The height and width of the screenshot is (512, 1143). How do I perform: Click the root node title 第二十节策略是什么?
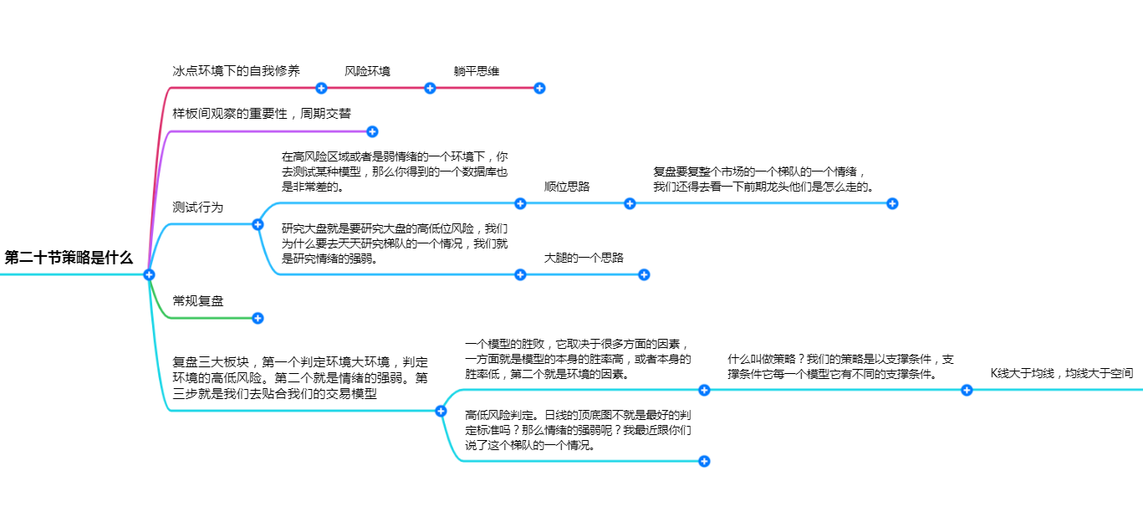coord(69,258)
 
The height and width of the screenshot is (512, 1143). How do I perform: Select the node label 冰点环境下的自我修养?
coord(237,70)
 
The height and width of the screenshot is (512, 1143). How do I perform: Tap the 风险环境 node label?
coord(367,71)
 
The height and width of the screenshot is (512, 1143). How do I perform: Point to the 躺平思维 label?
coord(476,71)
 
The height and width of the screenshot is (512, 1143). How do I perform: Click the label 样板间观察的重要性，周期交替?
coord(262,113)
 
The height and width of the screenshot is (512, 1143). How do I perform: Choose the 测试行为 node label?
coord(198,207)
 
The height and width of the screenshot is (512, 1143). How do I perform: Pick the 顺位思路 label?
coord(567,187)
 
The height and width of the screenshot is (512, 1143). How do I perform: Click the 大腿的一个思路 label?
coord(584,258)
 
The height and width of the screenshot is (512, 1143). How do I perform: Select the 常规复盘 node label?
coord(198,300)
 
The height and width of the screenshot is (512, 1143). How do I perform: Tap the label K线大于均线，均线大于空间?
coord(1062,373)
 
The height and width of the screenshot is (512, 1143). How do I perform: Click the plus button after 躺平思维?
coord(539,89)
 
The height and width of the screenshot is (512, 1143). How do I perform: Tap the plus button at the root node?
coord(149,274)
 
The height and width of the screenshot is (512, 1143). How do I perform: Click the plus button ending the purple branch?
coord(372,131)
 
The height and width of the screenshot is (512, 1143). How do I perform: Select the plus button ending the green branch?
coord(258,319)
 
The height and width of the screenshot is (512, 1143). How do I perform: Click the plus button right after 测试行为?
coord(258,224)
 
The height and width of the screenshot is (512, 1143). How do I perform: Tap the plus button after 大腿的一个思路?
coord(644,275)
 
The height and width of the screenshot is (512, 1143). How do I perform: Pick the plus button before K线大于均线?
coord(967,391)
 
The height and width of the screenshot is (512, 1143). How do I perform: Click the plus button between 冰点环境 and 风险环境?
coord(321,89)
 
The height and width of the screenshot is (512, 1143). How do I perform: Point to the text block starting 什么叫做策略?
coord(840,366)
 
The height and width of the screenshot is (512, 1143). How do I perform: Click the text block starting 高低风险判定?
coord(578,430)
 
